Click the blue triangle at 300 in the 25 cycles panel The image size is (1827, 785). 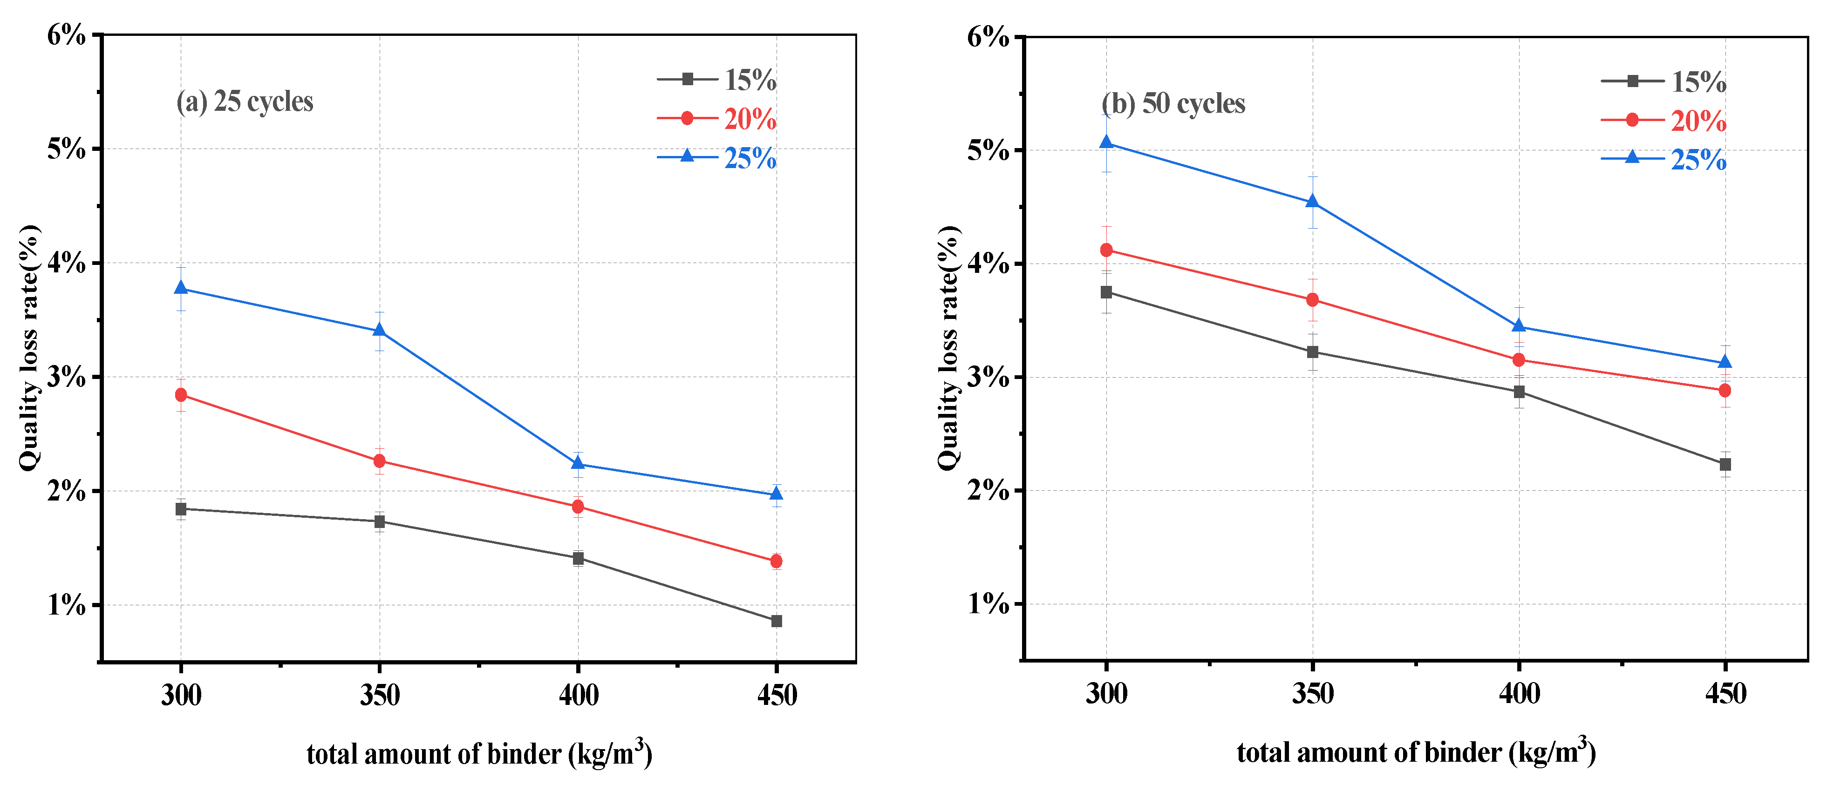point(181,287)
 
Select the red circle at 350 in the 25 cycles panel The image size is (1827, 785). point(380,461)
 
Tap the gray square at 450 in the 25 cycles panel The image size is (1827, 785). point(777,621)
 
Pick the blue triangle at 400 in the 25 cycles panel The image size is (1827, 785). point(578,463)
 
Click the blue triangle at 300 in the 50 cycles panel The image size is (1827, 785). point(1106,142)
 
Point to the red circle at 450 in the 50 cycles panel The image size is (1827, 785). point(1725,390)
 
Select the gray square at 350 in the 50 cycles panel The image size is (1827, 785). point(1313,352)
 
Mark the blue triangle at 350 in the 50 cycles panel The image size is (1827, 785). point(1313,202)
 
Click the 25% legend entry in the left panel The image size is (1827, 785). point(717,157)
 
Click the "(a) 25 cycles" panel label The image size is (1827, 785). point(245,102)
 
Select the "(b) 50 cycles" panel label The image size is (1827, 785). point(1174,103)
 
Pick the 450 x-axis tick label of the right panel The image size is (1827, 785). point(1725,693)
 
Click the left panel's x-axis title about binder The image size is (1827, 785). point(479,753)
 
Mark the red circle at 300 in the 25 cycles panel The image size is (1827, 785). point(181,394)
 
